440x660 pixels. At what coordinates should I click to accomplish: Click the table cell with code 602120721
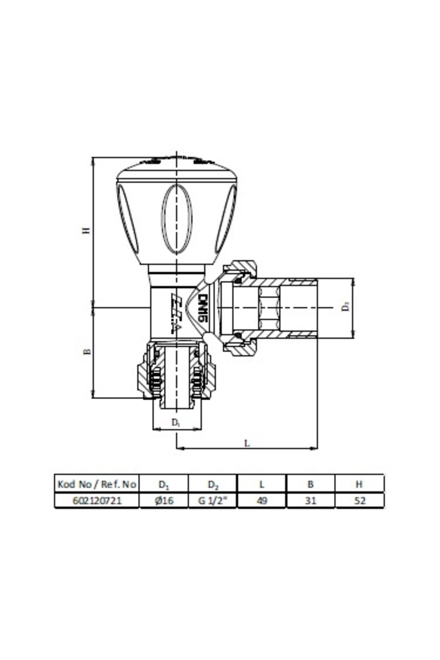click(x=97, y=500)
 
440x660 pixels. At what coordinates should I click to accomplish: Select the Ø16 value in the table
click(x=164, y=500)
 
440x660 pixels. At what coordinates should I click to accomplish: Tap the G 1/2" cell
click(x=213, y=500)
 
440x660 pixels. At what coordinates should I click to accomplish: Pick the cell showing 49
click(x=262, y=500)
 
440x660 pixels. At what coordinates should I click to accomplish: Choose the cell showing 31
click(x=311, y=500)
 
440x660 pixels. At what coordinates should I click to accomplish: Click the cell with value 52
click(x=360, y=500)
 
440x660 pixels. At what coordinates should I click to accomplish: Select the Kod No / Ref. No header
click(x=97, y=484)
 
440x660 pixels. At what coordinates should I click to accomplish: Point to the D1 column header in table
click(x=164, y=484)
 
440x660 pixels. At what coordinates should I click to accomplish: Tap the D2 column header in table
click(x=213, y=484)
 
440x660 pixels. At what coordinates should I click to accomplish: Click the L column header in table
click(x=262, y=484)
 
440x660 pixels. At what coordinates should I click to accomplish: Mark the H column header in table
click(x=359, y=484)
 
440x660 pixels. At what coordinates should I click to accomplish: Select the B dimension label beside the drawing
click(x=87, y=352)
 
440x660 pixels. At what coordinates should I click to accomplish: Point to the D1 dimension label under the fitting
click(x=176, y=422)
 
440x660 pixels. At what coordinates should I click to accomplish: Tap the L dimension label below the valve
click(x=247, y=443)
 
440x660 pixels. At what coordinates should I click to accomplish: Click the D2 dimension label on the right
click(x=345, y=307)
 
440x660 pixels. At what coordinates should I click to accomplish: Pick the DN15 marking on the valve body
click(x=202, y=308)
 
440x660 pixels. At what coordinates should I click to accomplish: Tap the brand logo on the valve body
click(x=176, y=312)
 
